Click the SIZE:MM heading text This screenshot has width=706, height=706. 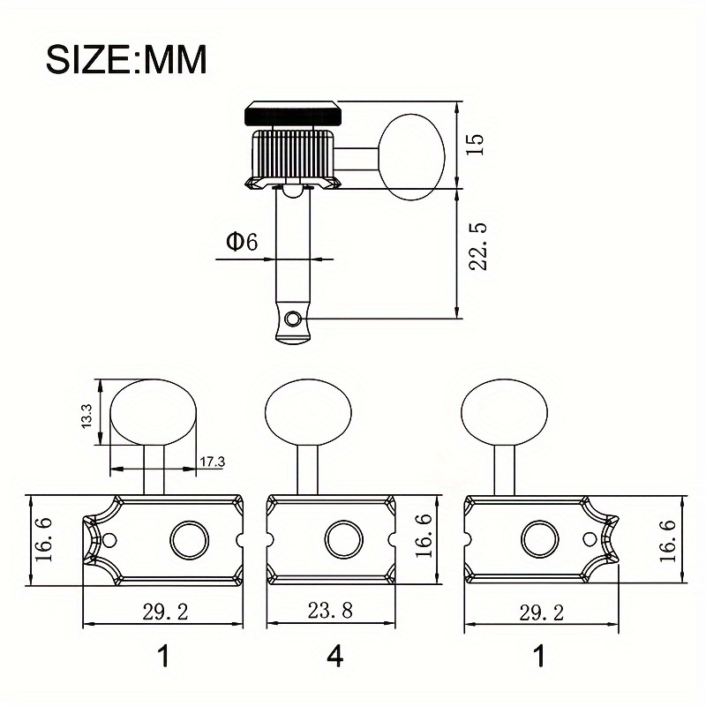(x=126, y=59)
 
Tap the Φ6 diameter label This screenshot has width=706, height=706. (x=241, y=242)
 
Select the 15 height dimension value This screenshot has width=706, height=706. (x=476, y=145)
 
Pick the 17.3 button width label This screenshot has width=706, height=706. (x=213, y=461)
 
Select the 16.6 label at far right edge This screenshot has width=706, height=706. (x=667, y=539)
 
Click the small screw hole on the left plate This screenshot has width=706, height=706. (x=110, y=539)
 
